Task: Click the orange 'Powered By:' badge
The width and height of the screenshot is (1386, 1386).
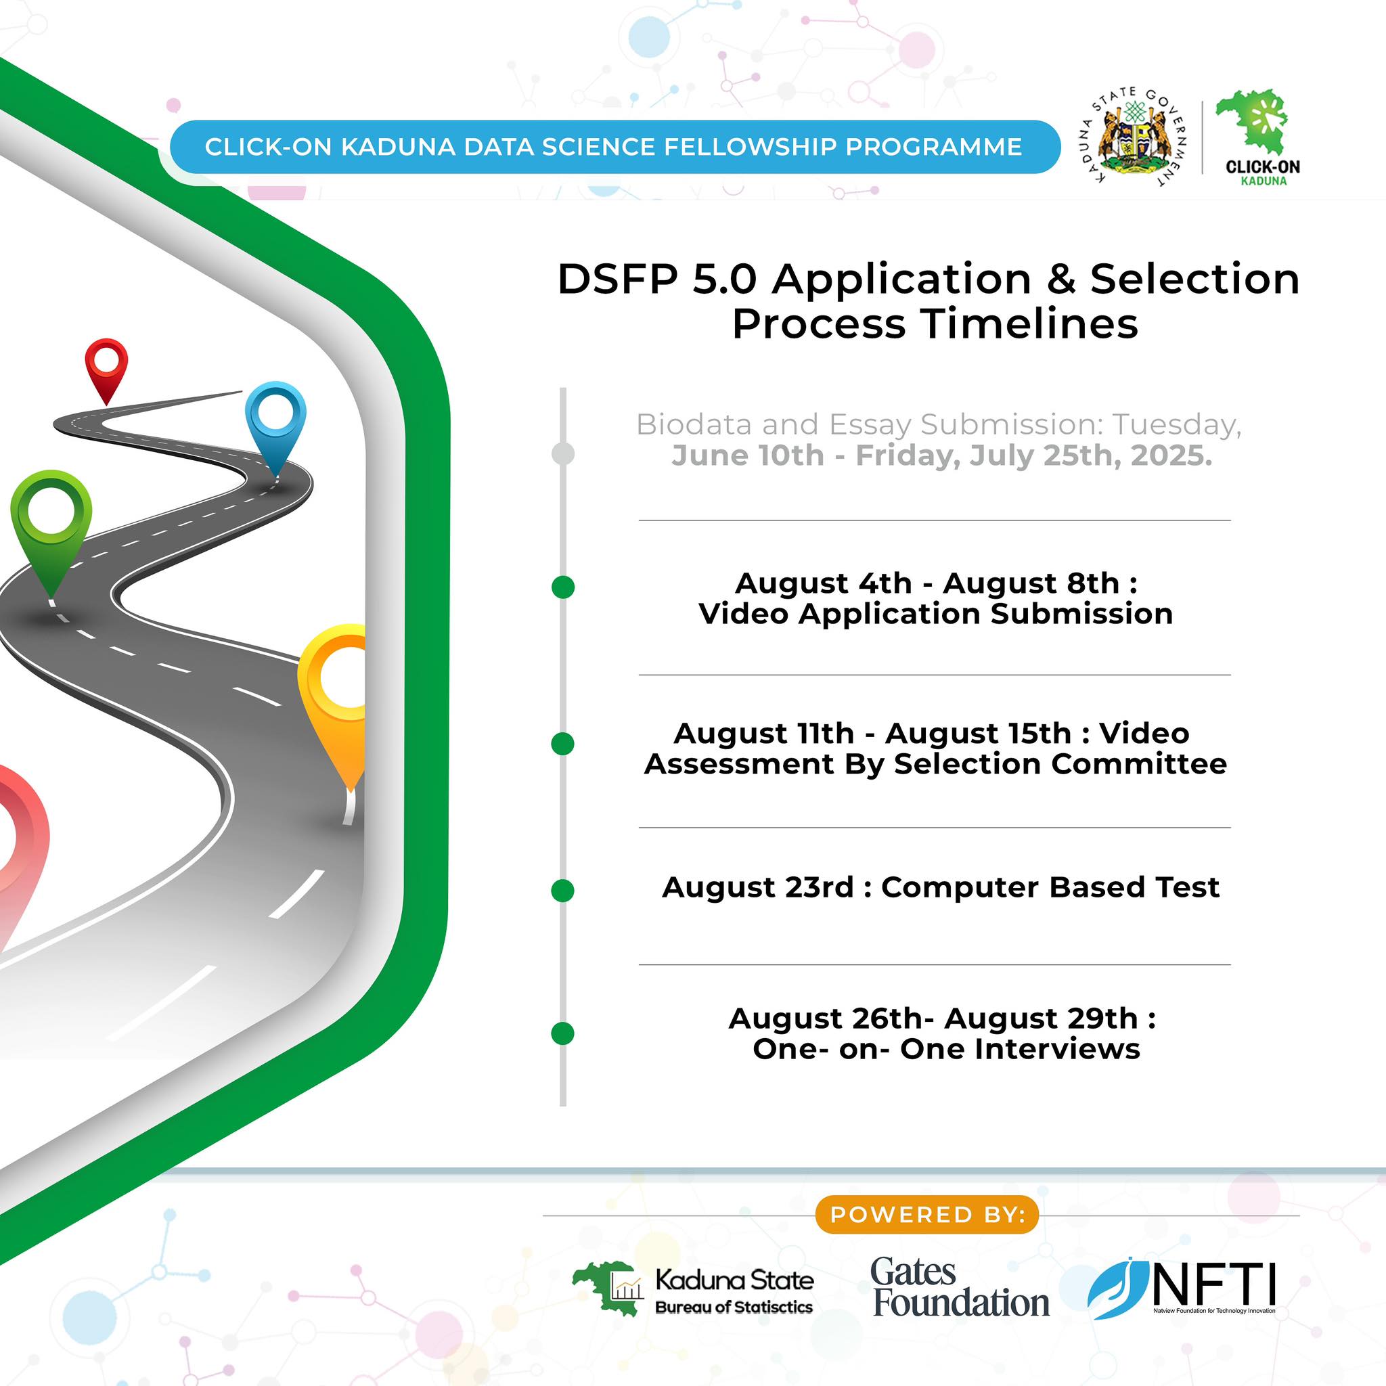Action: tap(927, 1215)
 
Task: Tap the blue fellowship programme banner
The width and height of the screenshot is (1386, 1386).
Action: tap(614, 147)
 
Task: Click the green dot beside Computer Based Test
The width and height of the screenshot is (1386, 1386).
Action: tap(563, 891)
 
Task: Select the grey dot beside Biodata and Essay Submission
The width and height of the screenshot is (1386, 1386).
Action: tap(563, 453)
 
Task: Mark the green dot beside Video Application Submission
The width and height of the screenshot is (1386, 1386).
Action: tap(563, 587)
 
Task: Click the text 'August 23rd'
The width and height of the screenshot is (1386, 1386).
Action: tap(757, 887)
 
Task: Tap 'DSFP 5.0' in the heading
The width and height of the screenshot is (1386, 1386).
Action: tap(656, 278)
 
